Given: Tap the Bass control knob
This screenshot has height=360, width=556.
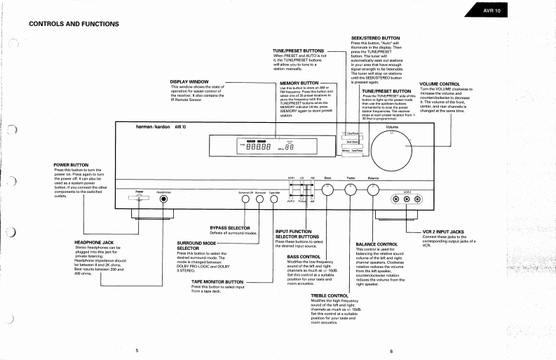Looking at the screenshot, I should click(x=327, y=189).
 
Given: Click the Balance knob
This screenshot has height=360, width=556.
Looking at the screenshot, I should click(x=373, y=189).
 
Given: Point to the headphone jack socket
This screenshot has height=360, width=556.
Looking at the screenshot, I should click(x=165, y=199).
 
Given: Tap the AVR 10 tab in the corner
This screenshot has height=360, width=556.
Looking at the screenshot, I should click(x=491, y=11).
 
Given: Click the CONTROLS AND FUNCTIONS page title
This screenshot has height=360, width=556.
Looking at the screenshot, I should click(x=74, y=24).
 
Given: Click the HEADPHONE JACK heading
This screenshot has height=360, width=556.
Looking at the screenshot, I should click(x=94, y=242).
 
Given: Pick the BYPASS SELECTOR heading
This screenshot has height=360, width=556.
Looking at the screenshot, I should click(x=230, y=227).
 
